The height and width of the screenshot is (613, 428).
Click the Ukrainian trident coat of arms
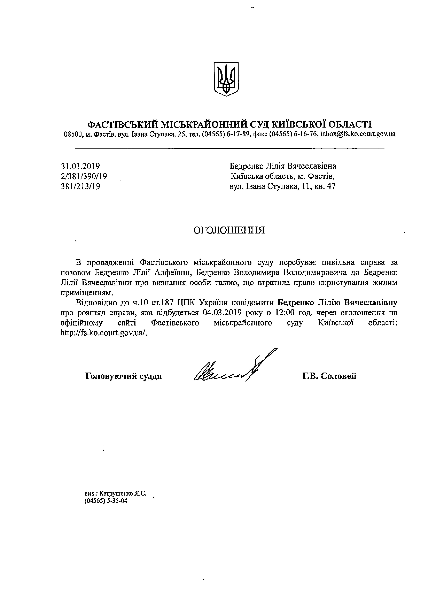tap(226, 79)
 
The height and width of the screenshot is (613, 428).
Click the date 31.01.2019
tap(80, 166)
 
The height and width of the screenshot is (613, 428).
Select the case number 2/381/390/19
tap(84, 176)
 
